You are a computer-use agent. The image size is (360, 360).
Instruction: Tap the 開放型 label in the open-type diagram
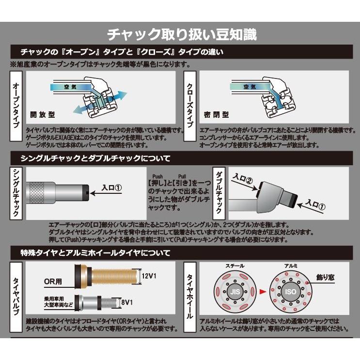pos(43,115)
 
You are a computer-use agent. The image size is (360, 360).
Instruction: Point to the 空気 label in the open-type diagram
pos(71,87)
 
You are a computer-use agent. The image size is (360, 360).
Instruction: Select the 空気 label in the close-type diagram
pos(249,87)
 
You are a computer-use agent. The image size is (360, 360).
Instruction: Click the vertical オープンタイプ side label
pos(16,105)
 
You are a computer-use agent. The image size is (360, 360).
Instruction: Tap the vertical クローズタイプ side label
pos(190,105)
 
